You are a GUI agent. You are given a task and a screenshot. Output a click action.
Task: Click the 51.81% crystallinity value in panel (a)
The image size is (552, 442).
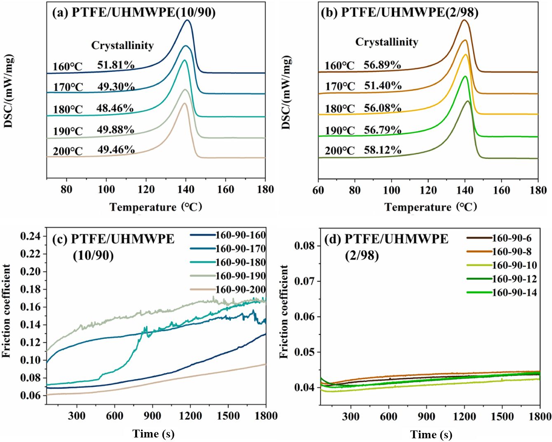click(x=116, y=65)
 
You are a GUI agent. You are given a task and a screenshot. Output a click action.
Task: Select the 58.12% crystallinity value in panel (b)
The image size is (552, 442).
click(x=383, y=150)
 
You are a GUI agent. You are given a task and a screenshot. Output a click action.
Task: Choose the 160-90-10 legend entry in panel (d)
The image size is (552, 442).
click(x=514, y=265)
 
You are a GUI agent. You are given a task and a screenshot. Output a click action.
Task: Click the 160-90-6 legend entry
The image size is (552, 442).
click(x=512, y=238)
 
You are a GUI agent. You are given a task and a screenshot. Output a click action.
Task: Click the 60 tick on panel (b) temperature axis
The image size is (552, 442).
click(x=318, y=190)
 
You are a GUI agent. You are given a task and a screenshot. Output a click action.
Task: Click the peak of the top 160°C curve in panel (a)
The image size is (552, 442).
click(x=188, y=20)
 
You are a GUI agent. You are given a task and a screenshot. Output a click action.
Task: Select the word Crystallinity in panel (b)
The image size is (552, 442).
click(x=387, y=42)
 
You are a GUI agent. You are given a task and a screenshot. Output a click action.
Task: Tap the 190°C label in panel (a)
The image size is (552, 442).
click(x=68, y=132)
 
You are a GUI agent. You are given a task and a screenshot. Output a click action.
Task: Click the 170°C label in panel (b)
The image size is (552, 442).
click(x=340, y=87)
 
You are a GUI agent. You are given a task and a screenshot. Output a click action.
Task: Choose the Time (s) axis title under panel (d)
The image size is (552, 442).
click(x=431, y=435)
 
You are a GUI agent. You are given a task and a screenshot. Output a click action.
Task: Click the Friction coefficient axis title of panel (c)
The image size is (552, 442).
click(x=7, y=311)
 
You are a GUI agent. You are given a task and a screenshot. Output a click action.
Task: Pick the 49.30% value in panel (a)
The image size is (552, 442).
click(x=116, y=87)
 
